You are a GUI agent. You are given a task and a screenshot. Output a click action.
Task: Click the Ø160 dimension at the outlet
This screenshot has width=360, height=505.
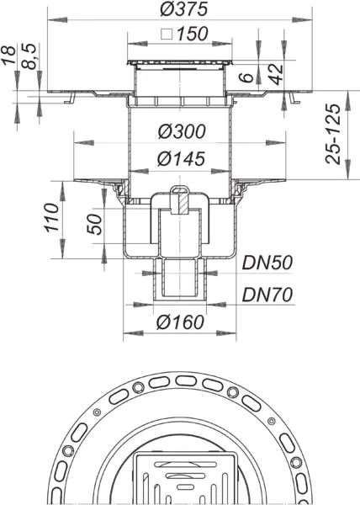click(178, 321)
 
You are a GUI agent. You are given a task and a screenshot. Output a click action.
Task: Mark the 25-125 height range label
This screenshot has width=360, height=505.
click(334, 134)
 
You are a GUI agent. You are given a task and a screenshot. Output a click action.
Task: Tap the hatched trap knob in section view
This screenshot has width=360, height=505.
click(179, 200)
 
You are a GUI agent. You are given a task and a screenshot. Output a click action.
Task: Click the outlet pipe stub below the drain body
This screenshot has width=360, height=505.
click(179, 280)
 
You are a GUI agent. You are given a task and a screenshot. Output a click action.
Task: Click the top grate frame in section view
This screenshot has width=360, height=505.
click(179, 65)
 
